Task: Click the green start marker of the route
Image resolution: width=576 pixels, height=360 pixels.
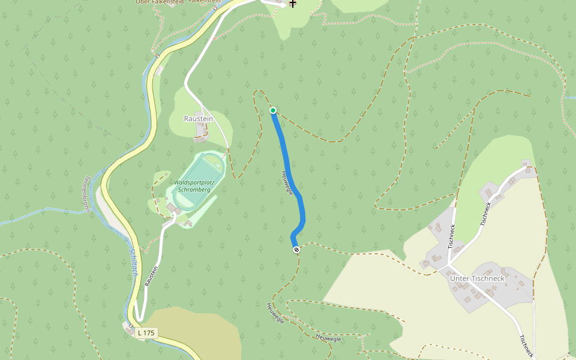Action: click(x=273, y=110)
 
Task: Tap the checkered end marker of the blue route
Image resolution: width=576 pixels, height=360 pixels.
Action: click(x=296, y=250)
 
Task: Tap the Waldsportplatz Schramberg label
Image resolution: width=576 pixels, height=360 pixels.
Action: click(x=194, y=185)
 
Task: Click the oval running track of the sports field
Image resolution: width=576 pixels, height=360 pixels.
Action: click(x=199, y=180)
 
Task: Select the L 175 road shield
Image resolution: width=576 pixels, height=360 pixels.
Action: click(x=146, y=332)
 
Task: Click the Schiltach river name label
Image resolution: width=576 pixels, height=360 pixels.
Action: click(x=134, y=262)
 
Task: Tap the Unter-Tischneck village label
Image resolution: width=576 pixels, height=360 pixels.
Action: click(x=477, y=278)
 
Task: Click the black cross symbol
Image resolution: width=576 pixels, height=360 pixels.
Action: click(x=293, y=4)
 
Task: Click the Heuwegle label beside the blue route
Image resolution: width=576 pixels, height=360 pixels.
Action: click(x=287, y=183)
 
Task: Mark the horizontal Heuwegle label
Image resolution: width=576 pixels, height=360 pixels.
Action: click(x=328, y=338)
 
